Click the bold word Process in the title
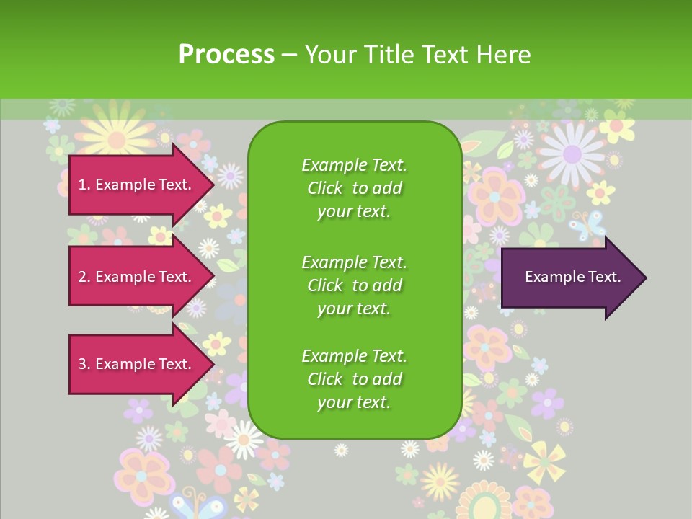(x=226, y=55)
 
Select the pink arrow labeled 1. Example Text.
(x=137, y=185)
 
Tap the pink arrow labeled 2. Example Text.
(x=137, y=277)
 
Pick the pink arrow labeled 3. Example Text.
(x=137, y=364)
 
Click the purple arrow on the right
(x=569, y=277)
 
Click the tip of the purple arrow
(x=644, y=277)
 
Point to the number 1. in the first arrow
(x=83, y=185)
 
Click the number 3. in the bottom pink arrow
(x=83, y=364)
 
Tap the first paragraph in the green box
(x=354, y=188)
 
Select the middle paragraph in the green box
(x=354, y=285)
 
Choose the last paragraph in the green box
(x=354, y=379)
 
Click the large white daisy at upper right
(x=572, y=154)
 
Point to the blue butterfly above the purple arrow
(x=587, y=225)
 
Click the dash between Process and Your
(x=289, y=55)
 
